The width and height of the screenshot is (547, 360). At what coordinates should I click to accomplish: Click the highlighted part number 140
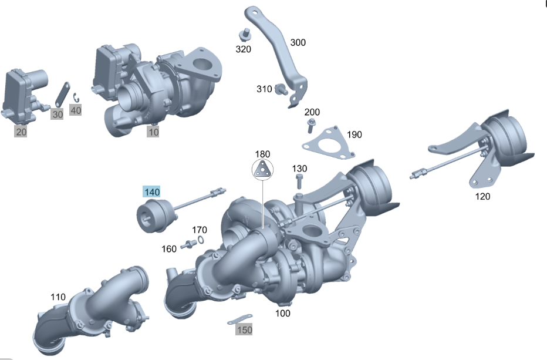pos(151,191)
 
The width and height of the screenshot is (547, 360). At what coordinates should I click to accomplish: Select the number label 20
pos(21,132)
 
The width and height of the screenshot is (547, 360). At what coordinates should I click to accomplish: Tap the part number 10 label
pos(153,132)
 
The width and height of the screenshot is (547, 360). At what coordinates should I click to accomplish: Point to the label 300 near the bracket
pos(298,43)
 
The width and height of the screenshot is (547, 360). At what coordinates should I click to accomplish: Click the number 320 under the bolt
pos(244,49)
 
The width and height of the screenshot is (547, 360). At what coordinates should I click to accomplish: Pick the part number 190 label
pos(354,134)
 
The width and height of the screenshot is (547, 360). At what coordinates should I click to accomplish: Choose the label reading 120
pos(482,196)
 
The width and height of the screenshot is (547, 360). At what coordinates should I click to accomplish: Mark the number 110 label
pos(58,297)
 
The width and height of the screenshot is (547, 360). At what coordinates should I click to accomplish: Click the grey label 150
pos(244,330)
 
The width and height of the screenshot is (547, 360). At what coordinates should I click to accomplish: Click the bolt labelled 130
pos(299,177)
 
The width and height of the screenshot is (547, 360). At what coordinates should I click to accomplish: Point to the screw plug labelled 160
pos(189,244)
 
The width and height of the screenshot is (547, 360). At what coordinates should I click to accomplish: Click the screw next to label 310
pos(281,90)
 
